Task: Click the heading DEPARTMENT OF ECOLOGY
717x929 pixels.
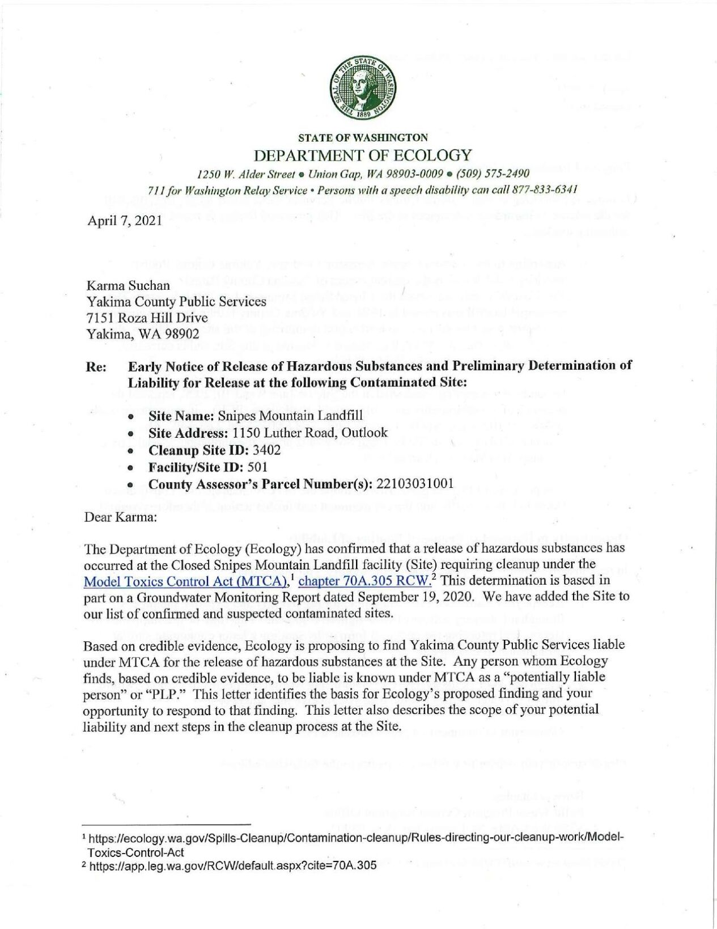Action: click(x=363, y=155)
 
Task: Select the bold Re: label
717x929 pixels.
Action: click(x=96, y=366)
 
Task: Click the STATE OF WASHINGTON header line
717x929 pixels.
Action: click(x=363, y=137)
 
